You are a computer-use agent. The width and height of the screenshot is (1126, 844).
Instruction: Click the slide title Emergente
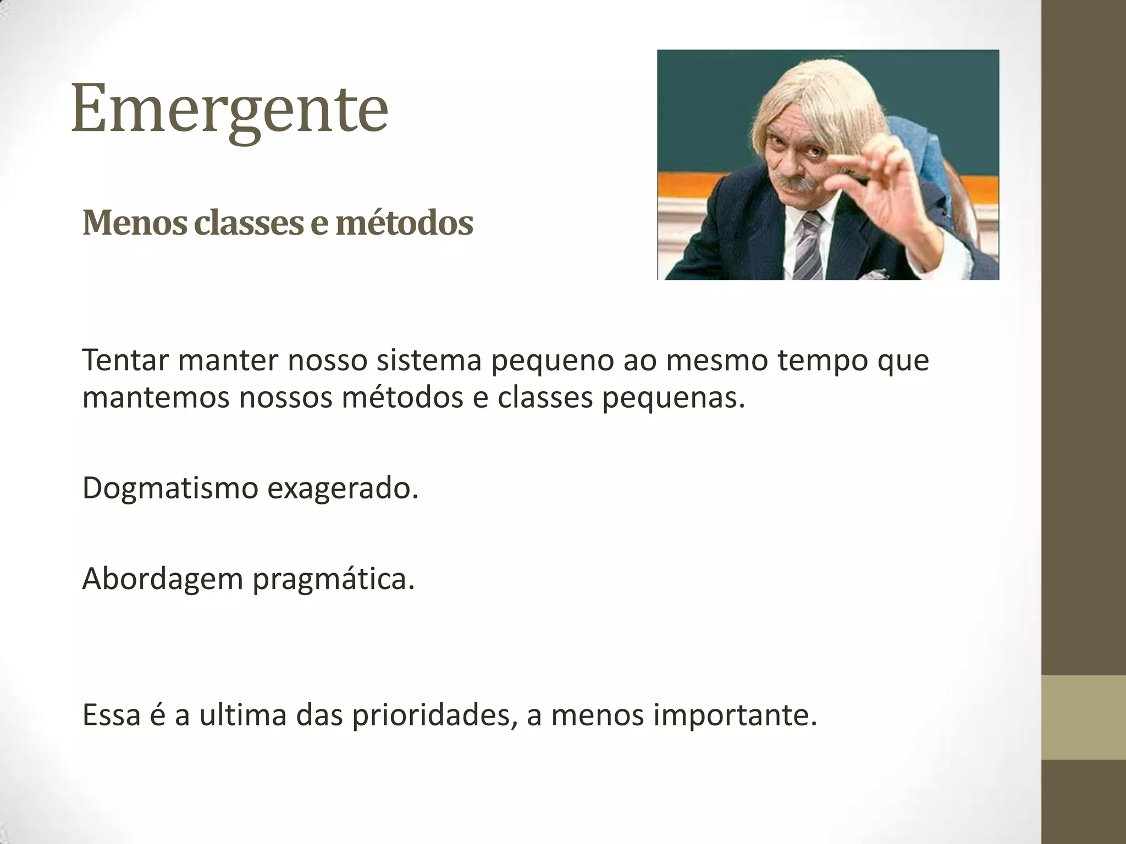pyautogui.click(x=230, y=108)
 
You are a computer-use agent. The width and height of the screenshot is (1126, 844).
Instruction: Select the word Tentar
pyautogui.click(x=125, y=360)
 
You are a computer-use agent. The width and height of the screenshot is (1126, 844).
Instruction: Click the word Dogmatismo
pyautogui.click(x=170, y=488)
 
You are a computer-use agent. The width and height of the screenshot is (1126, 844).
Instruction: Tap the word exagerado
pyautogui.click(x=343, y=488)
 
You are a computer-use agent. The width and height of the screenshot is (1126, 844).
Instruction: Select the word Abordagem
pyautogui.click(x=162, y=579)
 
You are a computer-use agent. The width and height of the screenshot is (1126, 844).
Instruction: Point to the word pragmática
pyautogui.click(x=333, y=579)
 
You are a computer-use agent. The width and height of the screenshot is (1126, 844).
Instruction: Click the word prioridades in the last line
pyautogui.click(x=434, y=715)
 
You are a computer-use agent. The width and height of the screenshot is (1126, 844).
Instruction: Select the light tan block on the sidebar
pyautogui.click(x=1083, y=717)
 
